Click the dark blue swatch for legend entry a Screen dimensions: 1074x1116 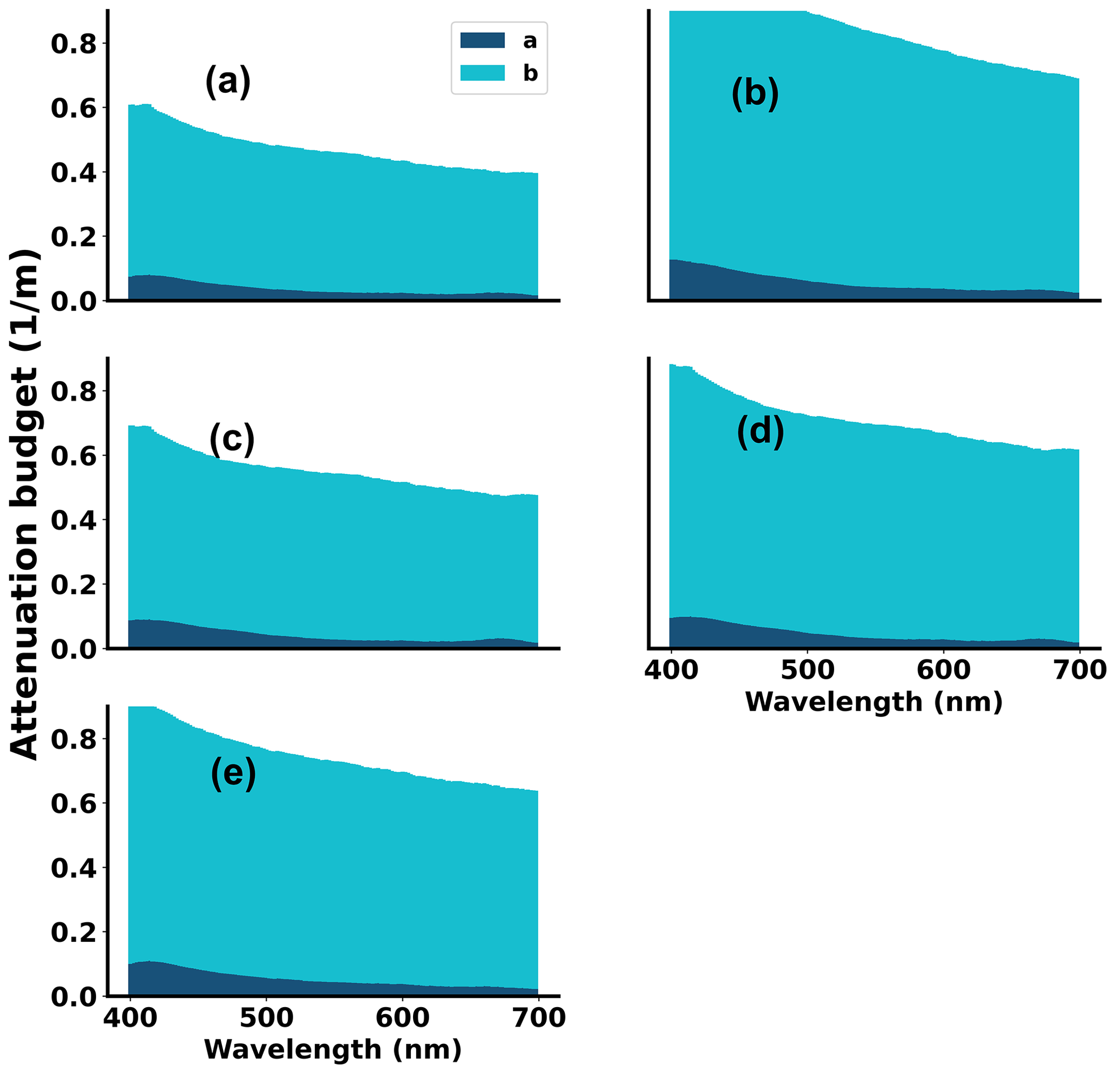(x=482, y=40)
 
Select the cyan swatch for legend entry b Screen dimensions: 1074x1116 (x=482, y=73)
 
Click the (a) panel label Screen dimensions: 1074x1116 (x=228, y=82)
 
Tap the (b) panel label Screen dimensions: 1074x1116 (x=755, y=94)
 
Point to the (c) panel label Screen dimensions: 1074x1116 (x=232, y=439)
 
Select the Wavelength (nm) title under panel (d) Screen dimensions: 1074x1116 (x=874, y=702)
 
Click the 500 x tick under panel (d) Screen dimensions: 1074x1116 (x=807, y=670)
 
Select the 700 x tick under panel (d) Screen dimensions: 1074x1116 (x=1080, y=670)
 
